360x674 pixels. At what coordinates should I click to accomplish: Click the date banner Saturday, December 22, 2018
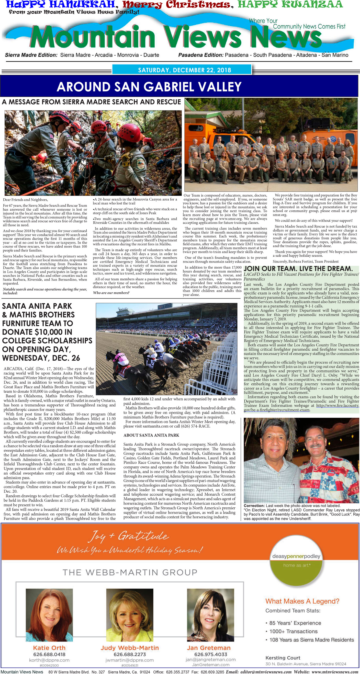(x=184, y=70)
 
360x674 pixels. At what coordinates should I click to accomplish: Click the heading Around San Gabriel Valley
(x=149, y=87)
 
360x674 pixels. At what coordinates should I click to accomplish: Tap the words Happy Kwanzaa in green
(x=290, y=4)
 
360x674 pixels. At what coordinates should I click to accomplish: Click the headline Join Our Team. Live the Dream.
(x=298, y=269)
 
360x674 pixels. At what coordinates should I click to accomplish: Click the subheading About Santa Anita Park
(x=151, y=435)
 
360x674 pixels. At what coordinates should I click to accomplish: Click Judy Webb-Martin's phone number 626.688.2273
(x=130, y=654)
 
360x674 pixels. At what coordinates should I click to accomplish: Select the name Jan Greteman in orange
(x=209, y=648)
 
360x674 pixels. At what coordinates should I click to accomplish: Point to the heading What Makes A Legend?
(x=302, y=601)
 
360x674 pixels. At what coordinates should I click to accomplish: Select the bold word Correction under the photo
(x=254, y=506)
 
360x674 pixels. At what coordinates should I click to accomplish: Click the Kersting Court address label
(x=283, y=658)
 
